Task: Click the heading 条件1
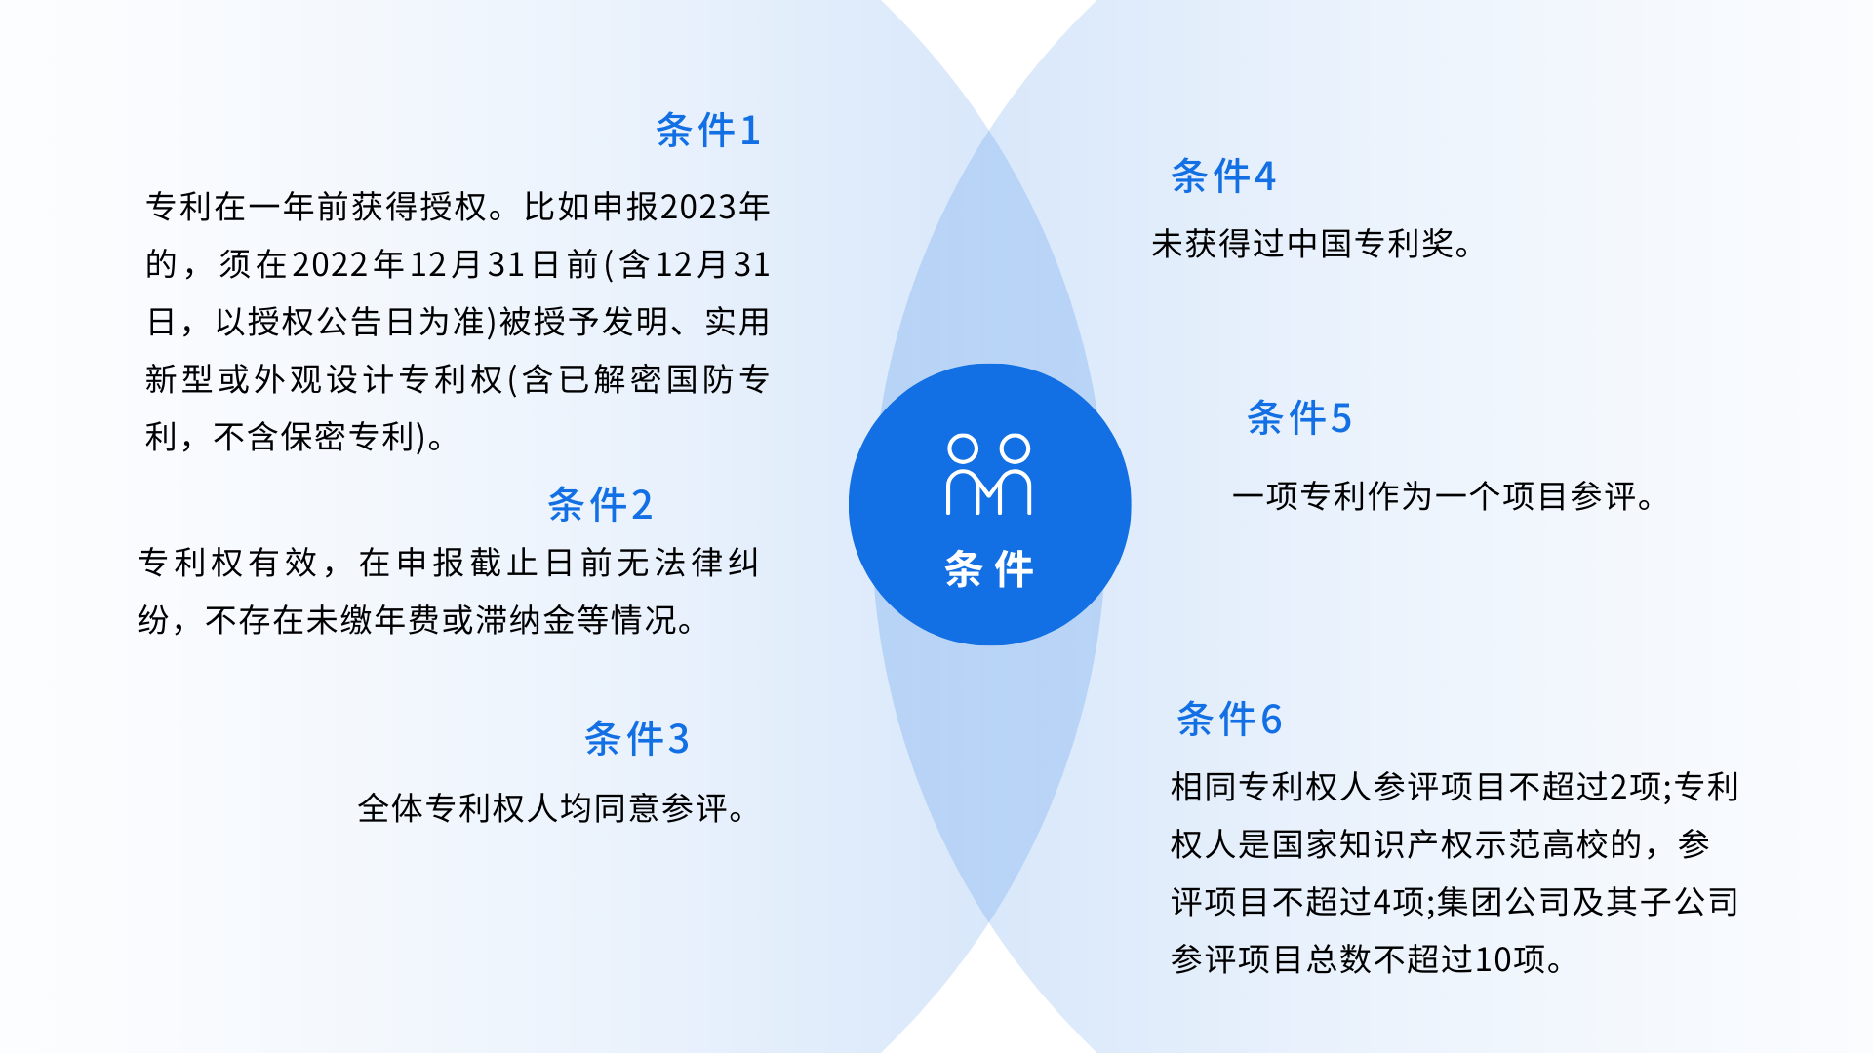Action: (x=707, y=131)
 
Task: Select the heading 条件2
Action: (x=599, y=505)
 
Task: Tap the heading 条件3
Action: (x=636, y=739)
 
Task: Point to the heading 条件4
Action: (x=1222, y=176)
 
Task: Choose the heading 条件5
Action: (x=1298, y=418)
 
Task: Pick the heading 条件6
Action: (x=1229, y=720)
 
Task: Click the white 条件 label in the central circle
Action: (x=989, y=569)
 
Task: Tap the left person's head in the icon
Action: (x=963, y=448)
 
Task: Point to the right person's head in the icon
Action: (x=1016, y=448)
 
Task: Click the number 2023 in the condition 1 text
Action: (x=697, y=208)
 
